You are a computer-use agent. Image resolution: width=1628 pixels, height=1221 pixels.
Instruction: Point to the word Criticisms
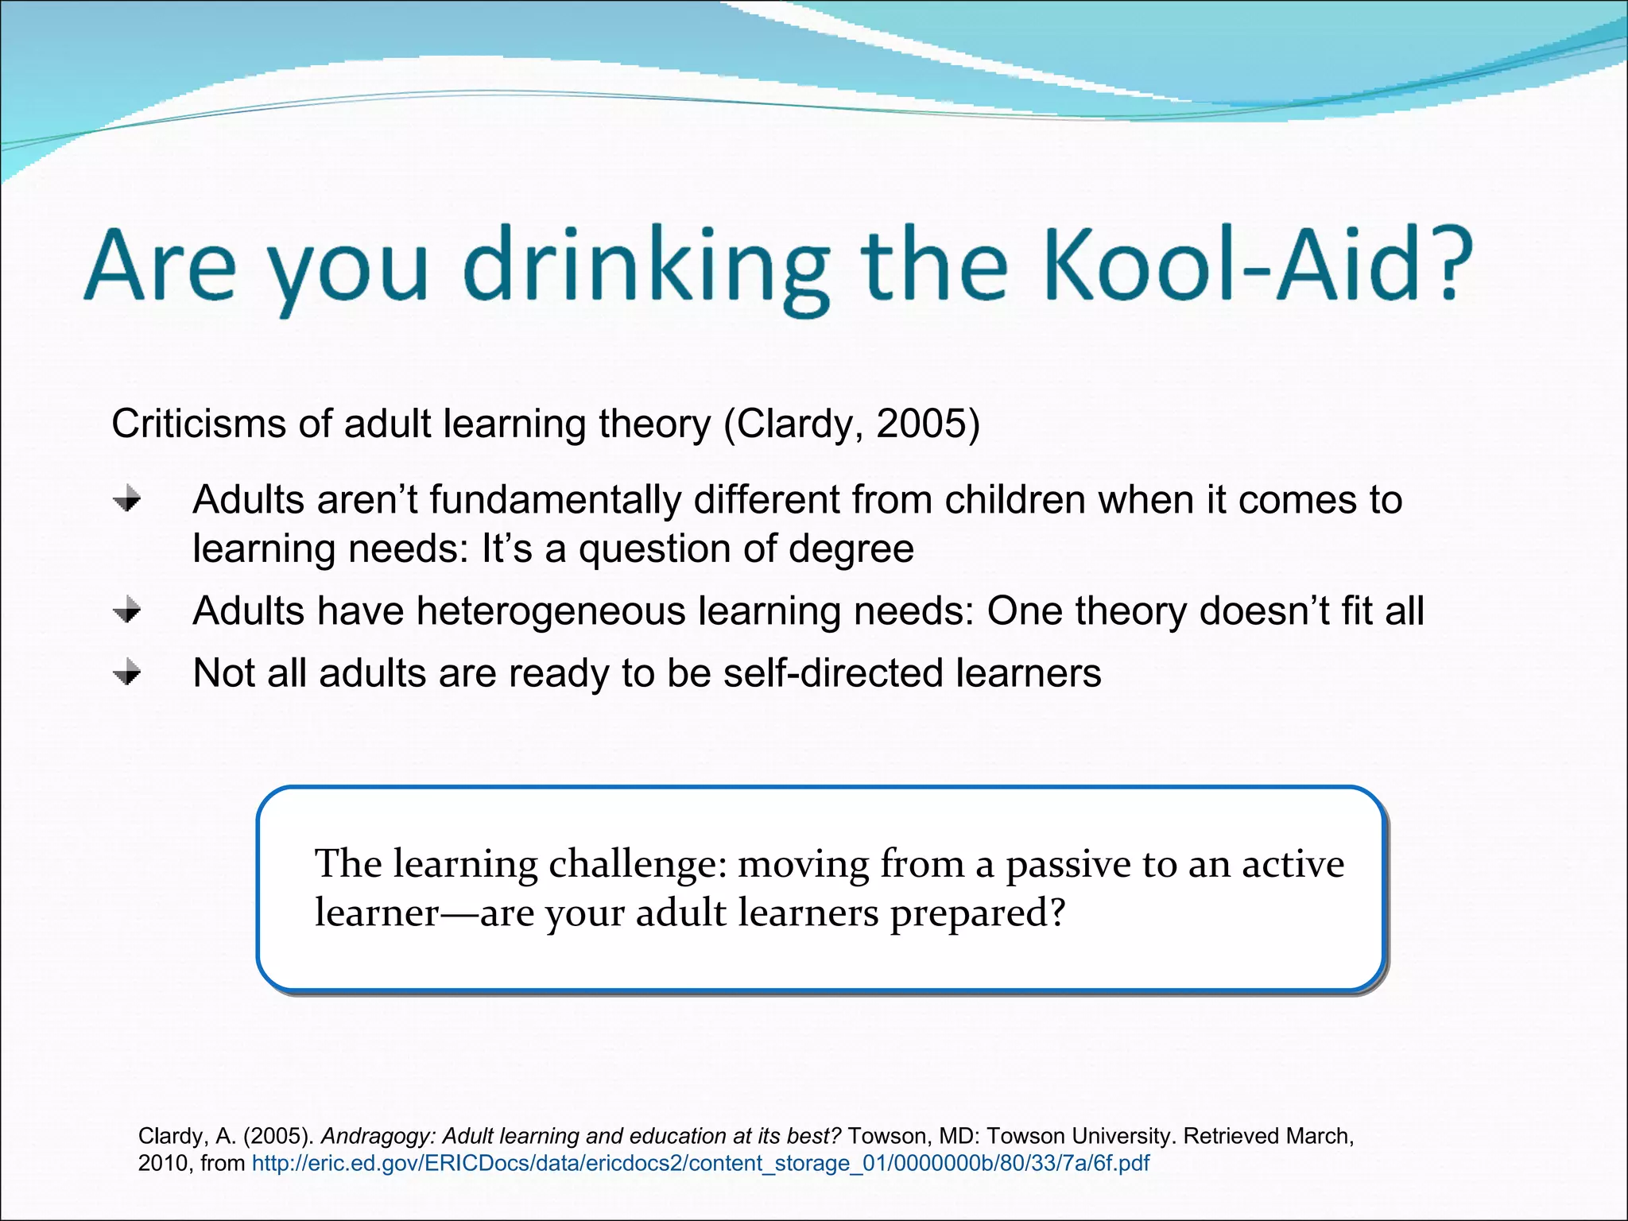pos(199,424)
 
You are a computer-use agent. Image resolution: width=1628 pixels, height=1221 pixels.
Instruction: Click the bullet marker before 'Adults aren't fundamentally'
pos(127,500)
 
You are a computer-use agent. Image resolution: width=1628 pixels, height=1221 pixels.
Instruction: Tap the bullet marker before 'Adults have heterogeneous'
pos(127,611)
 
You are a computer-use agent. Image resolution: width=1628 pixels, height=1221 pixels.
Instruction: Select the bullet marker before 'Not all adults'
pos(127,674)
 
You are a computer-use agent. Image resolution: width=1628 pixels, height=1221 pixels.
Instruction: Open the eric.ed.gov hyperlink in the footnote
pos(700,1164)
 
